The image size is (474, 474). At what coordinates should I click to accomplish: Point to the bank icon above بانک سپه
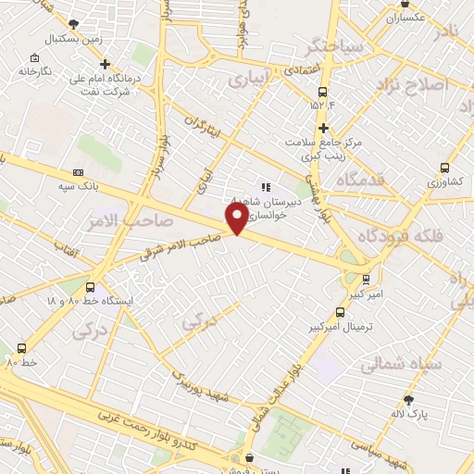coord(78,171)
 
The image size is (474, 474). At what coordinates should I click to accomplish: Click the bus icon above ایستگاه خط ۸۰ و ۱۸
coord(90,287)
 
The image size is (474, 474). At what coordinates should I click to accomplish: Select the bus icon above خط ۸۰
coord(21,347)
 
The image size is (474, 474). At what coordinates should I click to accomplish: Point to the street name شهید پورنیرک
coord(207,387)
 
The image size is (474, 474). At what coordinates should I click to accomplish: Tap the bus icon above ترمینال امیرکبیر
coord(341,312)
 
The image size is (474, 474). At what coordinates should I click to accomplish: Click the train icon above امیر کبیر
coord(366,278)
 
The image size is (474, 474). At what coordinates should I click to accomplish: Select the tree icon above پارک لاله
coord(408,400)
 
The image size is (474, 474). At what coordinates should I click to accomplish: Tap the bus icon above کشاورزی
coord(445,168)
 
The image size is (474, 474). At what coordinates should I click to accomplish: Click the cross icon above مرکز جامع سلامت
coord(323,128)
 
